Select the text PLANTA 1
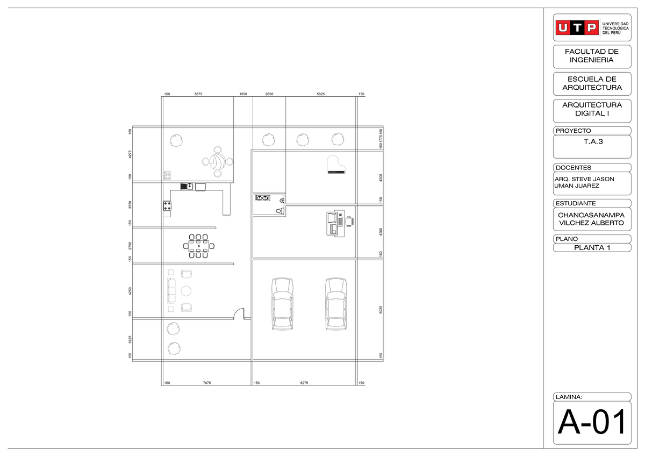pyautogui.click(x=592, y=248)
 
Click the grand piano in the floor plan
pyautogui.click(x=336, y=165)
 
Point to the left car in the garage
pyautogui.click(x=283, y=303)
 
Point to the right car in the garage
pyautogui.click(x=335, y=303)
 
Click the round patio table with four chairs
pyautogui.click(x=217, y=161)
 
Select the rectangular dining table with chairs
pyautogui.click(x=199, y=246)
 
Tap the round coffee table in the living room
pyautogui.click(x=186, y=291)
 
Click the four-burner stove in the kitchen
pyautogui.click(x=167, y=205)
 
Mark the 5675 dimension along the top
pyautogui.click(x=198, y=94)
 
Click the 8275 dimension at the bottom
pyautogui.click(x=304, y=383)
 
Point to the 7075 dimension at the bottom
pyautogui.click(x=207, y=383)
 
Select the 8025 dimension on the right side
pyautogui.click(x=381, y=310)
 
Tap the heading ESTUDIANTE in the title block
pyautogui.click(x=576, y=203)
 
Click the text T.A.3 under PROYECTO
pyautogui.click(x=592, y=142)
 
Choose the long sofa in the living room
pyautogui.click(x=171, y=291)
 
